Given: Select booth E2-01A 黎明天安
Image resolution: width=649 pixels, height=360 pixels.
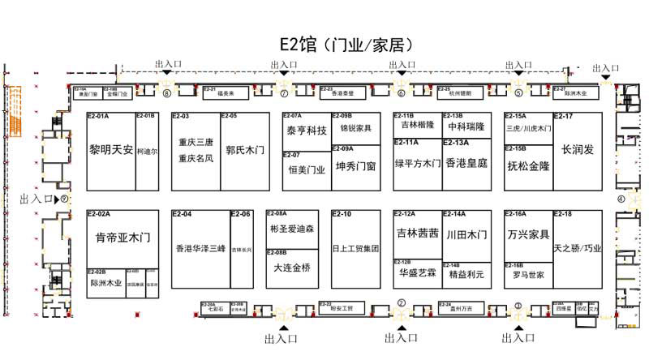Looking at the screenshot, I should pyautogui.click(x=110, y=150).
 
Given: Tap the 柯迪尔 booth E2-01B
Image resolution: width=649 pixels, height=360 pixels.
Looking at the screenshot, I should pyautogui.click(x=147, y=151).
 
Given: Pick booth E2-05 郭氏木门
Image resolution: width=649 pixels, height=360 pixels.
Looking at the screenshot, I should pyautogui.click(x=244, y=151).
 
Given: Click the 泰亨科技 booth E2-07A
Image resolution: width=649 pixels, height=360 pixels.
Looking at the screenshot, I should pyautogui.click(x=306, y=130).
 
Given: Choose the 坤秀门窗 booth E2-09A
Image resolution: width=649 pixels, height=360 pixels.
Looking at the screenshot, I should pyautogui.click(x=355, y=166).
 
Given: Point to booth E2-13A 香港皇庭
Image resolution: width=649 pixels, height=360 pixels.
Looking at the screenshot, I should pyautogui.click(x=466, y=163).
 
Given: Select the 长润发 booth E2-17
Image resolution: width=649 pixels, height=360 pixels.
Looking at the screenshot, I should pyautogui.click(x=578, y=150).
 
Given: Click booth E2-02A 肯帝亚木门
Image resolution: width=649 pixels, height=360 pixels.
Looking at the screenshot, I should pyautogui.click(x=122, y=238).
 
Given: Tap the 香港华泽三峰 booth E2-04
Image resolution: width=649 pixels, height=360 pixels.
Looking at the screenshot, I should pyautogui.click(x=200, y=249).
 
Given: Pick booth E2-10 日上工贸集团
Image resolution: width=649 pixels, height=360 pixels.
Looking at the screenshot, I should pyautogui.click(x=355, y=249).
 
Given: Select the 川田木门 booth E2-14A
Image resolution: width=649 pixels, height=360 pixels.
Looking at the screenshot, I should pyautogui.click(x=466, y=234).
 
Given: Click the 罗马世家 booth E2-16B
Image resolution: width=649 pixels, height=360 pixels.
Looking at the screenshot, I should pyautogui.click(x=528, y=275).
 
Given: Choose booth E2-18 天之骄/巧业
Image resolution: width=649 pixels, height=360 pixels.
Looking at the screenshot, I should pyautogui.click(x=578, y=249).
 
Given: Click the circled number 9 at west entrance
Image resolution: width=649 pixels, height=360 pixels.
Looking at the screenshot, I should pyautogui.click(x=64, y=198).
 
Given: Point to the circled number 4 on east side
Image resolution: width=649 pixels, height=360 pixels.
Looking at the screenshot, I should pyautogui.click(x=621, y=198).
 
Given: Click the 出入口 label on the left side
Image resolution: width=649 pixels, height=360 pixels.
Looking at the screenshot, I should pyautogui.click(x=36, y=198).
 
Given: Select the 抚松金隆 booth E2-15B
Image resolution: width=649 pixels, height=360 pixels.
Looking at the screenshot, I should pyautogui.click(x=528, y=165).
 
